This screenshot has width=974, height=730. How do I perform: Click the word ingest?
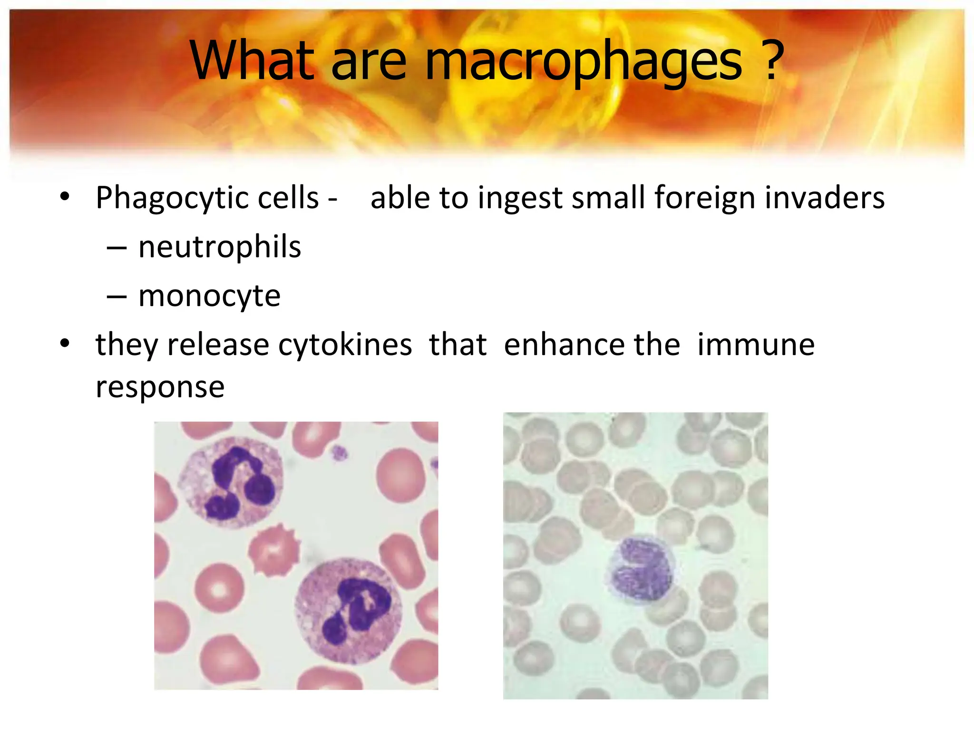coord(520,198)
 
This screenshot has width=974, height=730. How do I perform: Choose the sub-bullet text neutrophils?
coord(220,247)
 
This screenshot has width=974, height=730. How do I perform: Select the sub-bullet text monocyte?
coord(209,297)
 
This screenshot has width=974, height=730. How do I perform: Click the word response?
coord(160,387)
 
